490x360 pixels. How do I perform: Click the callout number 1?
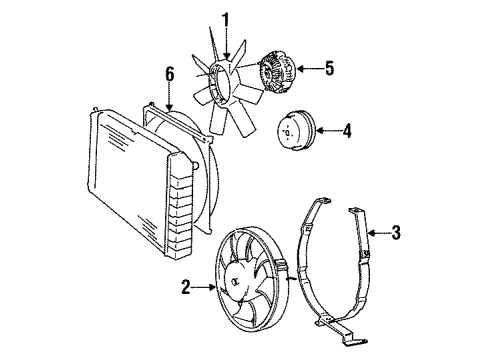click(226, 19)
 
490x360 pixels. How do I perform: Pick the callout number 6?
click(169, 74)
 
